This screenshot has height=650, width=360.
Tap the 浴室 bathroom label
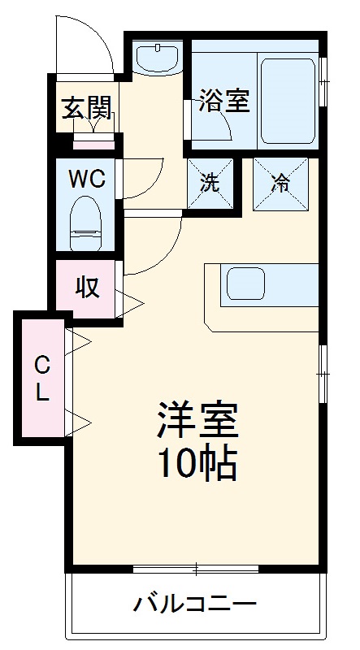(223, 103)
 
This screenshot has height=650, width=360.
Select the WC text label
(86, 180)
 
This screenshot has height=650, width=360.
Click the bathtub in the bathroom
(286, 100)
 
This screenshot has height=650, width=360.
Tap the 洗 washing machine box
(210, 183)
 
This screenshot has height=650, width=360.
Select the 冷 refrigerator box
(281, 183)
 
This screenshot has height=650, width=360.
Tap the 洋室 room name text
(197, 422)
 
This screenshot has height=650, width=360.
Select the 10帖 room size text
(197, 462)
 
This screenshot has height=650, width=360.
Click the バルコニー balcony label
(196, 604)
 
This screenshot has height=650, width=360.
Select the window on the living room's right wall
(323, 373)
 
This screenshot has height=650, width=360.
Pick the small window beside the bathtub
(324, 81)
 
